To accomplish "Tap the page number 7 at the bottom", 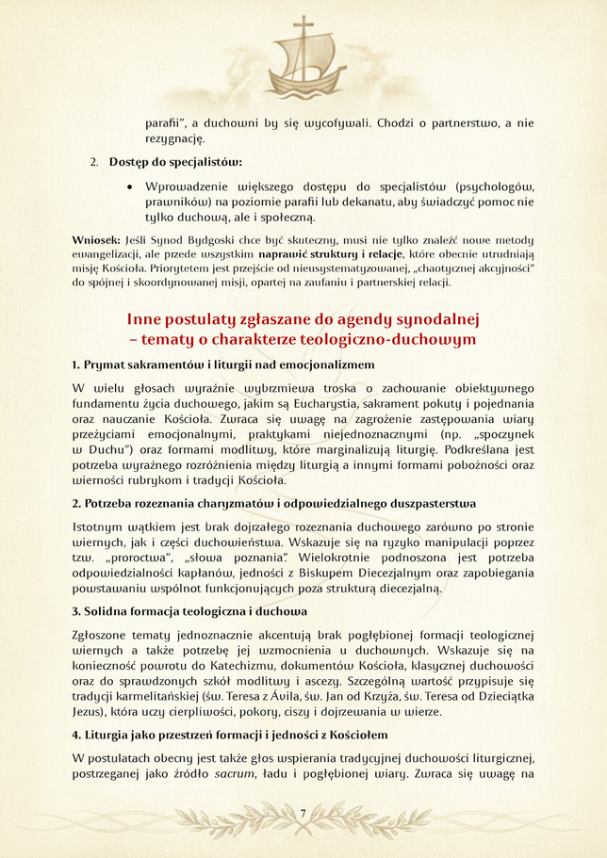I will (303, 813).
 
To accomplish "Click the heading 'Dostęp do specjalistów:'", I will (175, 161).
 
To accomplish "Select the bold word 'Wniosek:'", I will (95, 240).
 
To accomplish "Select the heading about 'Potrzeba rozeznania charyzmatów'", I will (274, 503).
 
